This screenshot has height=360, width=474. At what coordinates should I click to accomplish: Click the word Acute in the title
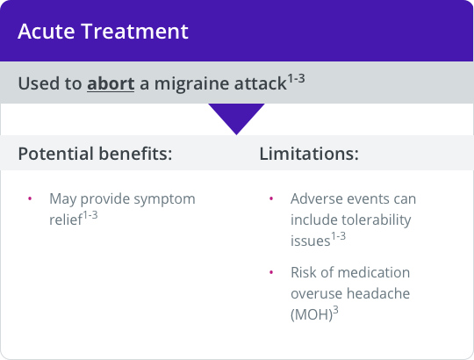click(45, 32)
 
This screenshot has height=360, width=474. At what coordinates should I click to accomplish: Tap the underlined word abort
click(110, 84)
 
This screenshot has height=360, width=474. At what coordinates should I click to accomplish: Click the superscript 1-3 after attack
click(301, 79)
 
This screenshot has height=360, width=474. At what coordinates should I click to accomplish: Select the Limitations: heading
click(309, 154)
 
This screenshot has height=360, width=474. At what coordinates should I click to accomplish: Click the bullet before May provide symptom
click(30, 198)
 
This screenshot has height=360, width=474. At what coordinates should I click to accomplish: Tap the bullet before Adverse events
click(270, 198)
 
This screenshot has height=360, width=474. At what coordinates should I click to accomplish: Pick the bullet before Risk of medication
click(270, 272)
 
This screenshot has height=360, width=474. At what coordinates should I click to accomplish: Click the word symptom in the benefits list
click(166, 199)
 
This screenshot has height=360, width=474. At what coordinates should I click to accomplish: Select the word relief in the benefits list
click(64, 219)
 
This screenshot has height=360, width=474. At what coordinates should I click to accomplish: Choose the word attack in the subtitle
click(262, 84)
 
